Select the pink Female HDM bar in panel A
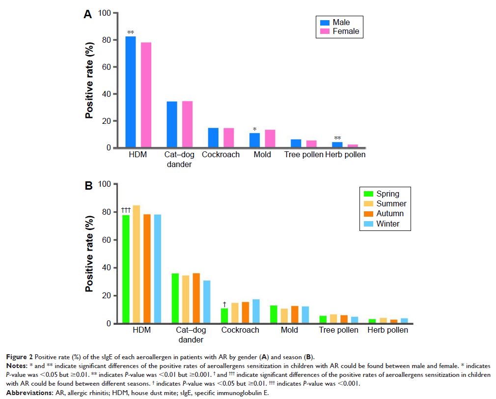[x=146, y=95]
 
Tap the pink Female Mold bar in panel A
[x=270, y=139]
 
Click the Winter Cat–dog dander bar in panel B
[x=207, y=302]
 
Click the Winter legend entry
[x=387, y=224]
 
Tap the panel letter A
[x=87, y=15]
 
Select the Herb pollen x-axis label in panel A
[x=345, y=155]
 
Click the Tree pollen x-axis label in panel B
[x=338, y=330]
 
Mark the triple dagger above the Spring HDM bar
[x=125, y=210]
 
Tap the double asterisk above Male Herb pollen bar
[x=338, y=138]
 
